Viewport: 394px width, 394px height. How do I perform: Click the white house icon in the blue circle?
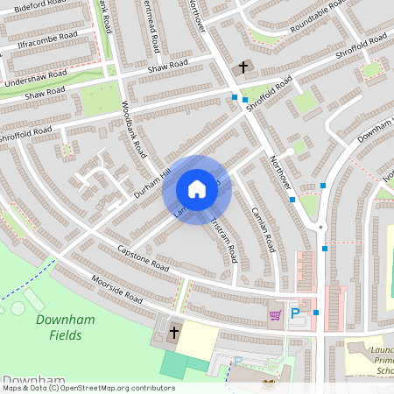[x=197, y=189]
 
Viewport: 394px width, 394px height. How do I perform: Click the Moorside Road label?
[x=118, y=292]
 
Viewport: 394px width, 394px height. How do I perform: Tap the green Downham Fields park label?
[x=60, y=327]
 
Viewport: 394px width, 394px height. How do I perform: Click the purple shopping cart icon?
[x=275, y=314]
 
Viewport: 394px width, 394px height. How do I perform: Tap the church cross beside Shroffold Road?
[x=243, y=67]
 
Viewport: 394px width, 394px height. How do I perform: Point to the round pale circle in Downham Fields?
[x=18, y=308]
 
